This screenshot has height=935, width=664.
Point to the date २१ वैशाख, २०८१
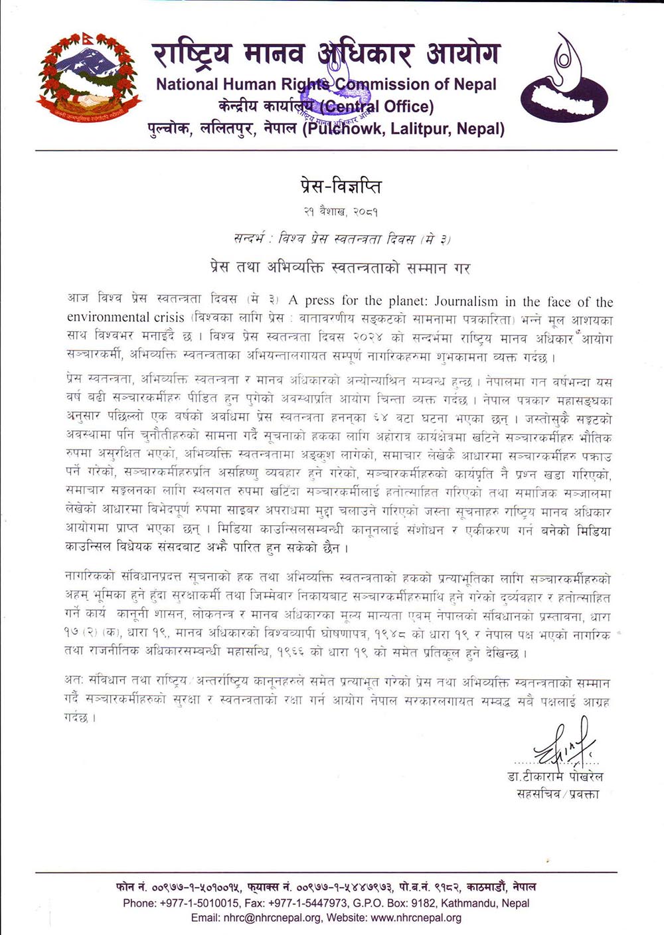(338, 212)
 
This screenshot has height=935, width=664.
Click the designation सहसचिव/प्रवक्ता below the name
(558, 793)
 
